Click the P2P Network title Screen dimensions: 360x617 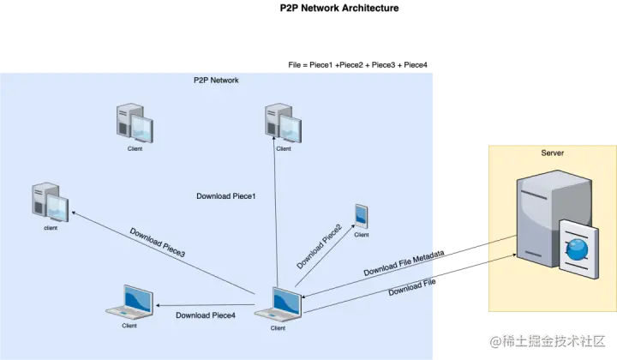point(216,81)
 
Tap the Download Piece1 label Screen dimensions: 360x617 point(227,196)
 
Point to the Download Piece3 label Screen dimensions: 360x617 point(158,243)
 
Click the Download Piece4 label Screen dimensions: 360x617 point(205,315)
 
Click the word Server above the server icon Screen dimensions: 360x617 point(552,153)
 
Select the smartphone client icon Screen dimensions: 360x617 point(361,215)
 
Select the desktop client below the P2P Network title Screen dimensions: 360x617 point(135,123)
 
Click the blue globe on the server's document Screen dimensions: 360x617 point(578,248)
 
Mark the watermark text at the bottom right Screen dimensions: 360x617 point(547,340)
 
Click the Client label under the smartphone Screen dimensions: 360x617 point(362,234)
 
